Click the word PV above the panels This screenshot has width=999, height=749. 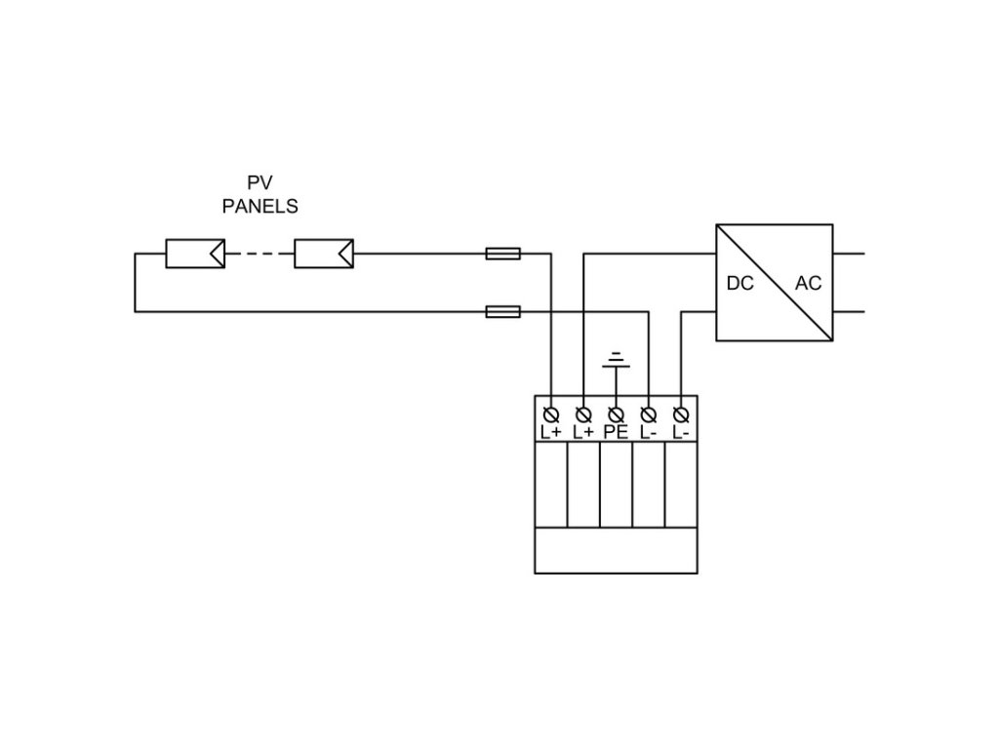(x=260, y=182)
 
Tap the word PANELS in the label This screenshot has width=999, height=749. (x=260, y=207)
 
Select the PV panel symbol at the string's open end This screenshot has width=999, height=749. (x=195, y=254)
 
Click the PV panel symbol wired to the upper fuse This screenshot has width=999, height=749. (x=324, y=254)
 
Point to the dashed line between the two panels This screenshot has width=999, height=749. (x=260, y=254)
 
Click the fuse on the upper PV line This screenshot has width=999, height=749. (x=503, y=254)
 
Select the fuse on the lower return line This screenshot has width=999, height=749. (x=503, y=311)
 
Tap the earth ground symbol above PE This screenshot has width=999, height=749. (x=617, y=360)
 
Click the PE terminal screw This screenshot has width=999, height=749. (x=617, y=415)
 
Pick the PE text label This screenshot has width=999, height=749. (x=617, y=432)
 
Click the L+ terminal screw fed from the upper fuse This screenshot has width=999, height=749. (x=551, y=415)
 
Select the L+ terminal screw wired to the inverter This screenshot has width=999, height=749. (x=583, y=415)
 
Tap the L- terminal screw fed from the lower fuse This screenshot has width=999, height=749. (x=649, y=415)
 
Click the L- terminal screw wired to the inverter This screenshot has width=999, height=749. (x=681, y=415)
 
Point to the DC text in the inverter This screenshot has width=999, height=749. (x=740, y=284)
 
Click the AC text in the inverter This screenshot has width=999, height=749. (x=809, y=284)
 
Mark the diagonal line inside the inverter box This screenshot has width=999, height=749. (x=775, y=282)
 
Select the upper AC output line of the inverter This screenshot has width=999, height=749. (x=849, y=254)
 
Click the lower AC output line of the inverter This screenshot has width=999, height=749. (x=849, y=311)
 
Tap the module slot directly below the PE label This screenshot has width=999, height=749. (x=617, y=485)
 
